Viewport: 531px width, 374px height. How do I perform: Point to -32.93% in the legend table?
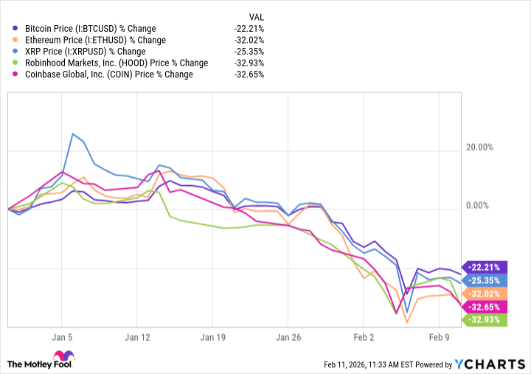(249, 63)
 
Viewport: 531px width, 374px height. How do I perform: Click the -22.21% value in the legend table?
(249, 27)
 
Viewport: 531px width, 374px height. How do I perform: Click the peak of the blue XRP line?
(72, 134)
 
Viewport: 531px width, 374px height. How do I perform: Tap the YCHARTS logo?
(491, 364)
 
